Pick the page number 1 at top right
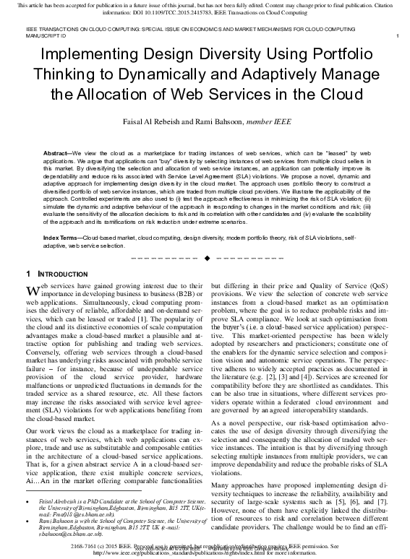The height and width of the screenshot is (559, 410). (398, 35)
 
